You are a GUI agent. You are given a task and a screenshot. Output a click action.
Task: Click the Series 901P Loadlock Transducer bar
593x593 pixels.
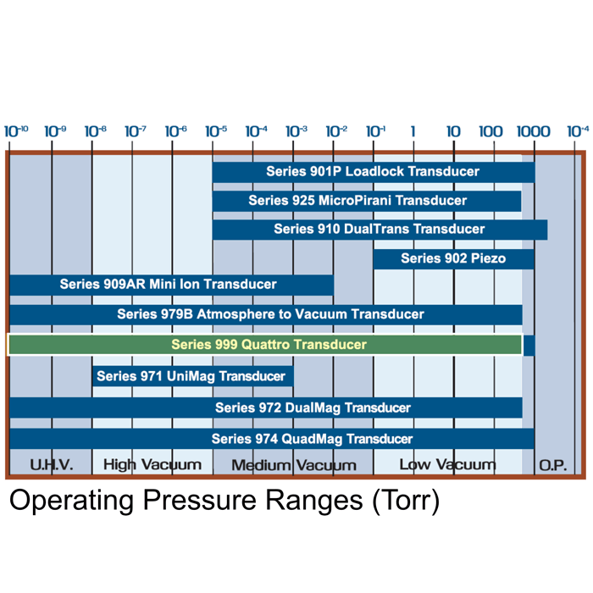[x=374, y=172]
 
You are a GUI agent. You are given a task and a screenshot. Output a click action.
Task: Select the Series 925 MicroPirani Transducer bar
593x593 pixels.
[x=367, y=201]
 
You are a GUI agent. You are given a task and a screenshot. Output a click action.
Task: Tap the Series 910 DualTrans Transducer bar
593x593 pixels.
[x=380, y=230]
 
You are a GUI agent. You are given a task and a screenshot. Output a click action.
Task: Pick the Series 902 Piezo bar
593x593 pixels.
[x=453, y=258]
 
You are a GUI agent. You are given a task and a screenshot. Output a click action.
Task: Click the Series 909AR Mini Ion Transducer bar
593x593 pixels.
[x=172, y=285]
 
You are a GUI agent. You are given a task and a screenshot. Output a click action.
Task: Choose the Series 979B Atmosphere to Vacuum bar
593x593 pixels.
[x=266, y=314]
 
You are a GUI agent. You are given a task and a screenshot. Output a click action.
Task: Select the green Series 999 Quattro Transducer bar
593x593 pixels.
[x=264, y=345]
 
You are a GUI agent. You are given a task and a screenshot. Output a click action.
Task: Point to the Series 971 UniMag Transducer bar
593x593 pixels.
[x=193, y=376]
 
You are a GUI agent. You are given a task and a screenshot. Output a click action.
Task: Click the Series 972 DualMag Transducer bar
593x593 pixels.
[x=266, y=407]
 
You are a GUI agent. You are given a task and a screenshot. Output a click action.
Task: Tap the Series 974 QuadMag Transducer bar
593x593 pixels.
[x=272, y=439]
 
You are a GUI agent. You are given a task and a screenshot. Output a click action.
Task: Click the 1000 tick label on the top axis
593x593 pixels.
[x=534, y=131]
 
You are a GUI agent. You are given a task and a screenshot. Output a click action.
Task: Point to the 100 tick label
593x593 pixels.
[x=490, y=131]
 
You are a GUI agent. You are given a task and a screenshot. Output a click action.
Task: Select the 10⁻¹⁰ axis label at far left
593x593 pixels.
[x=16, y=131]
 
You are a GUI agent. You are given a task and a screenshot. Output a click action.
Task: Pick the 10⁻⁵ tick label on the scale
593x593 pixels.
[x=216, y=131]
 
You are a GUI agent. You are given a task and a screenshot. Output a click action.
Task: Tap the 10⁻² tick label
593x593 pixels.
[x=336, y=131]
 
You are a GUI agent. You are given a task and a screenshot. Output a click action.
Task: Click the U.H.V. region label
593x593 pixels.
[x=52, y=465]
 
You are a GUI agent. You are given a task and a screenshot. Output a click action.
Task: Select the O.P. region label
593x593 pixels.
[x=553, y=465]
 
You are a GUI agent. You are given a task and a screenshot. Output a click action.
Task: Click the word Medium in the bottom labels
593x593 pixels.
[x=261, y=465]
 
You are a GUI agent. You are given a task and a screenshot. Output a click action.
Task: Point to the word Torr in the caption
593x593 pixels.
[x=406, y=500]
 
